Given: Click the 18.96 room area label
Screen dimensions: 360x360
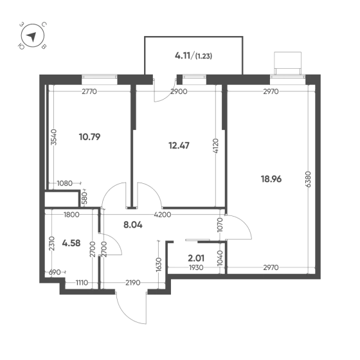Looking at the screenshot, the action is [271, 179].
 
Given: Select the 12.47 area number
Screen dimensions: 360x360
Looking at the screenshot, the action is [179, 145].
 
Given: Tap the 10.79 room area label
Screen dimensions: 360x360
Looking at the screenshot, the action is [89, 137].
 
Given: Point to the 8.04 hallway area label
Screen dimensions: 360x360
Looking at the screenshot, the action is [132, 225].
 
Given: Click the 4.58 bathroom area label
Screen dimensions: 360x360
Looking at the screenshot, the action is [71, 243].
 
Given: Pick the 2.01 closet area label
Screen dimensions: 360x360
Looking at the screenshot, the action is [196, 258].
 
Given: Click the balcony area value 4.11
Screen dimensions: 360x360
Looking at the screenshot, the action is [183, 56].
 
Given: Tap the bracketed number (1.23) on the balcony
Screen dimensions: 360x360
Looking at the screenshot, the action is [203, 57].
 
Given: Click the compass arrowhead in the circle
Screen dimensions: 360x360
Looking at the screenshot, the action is [32, 37].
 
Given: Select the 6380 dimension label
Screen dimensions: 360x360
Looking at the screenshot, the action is [309, 179].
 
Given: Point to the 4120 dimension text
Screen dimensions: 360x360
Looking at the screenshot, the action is [216, 146].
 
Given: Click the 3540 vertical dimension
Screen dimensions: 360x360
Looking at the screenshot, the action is [53, 137].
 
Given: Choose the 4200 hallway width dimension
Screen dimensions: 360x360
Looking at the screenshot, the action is [163, 215].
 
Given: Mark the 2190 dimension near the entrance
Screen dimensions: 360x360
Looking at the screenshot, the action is [132, 282].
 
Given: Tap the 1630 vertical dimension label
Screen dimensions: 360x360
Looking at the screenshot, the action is [159, 264].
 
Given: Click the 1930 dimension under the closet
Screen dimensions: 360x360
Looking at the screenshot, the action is [196, 267].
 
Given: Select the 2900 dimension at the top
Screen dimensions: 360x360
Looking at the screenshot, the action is [179, 91].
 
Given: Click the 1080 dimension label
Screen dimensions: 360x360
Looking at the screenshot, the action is [64, 183].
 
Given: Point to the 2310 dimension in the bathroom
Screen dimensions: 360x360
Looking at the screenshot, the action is [52, 244].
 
